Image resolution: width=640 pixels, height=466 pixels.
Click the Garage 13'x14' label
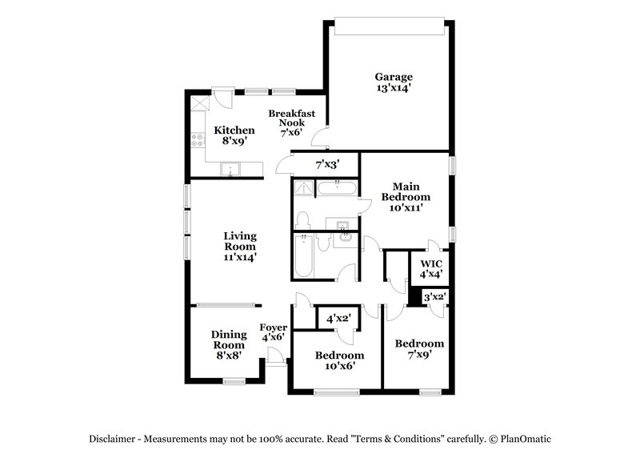[x=394, y=83]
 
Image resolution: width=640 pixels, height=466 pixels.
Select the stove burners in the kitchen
[x=196, y=143]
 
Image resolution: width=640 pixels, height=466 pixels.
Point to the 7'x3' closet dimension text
[x=327, y=164]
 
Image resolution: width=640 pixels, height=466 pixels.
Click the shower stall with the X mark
[x=302, y=188]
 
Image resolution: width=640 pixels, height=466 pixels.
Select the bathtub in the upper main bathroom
[x=337, y=189]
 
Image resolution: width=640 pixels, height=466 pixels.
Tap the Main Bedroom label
[x=405, y=197]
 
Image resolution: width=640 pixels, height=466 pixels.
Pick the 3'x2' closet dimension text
[x=434, y=297]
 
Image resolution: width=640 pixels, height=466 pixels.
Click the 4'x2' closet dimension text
[x=336, y=319]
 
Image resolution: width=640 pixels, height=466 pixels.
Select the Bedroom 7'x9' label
[x=419, y=350]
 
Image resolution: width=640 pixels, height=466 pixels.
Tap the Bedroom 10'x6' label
[x=339, y=360]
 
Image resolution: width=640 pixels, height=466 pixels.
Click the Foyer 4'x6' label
[x=274, y=332]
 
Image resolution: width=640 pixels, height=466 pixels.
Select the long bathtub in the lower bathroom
[x=303, y=256]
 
